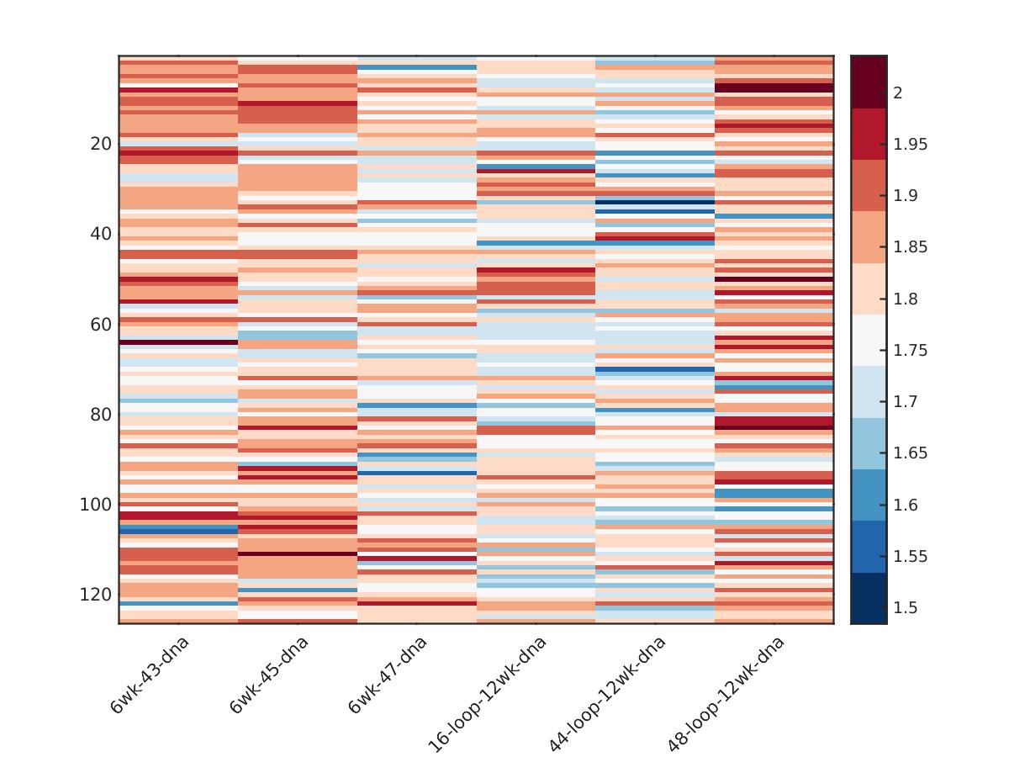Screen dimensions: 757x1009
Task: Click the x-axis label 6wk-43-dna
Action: pyautogui.click(x=151, y=675)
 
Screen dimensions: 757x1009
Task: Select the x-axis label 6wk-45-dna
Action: pyautogui.click(x=269, y=675)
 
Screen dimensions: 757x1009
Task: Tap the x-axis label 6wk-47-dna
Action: pyautogui.click(x=388, y=675)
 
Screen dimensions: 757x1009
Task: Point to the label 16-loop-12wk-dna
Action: pyautogui.click(x=489, y=693)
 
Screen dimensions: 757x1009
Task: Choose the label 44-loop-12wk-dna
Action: pyautogui.click(x=608, y=693)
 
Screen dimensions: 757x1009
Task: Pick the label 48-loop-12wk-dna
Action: pyautogui.click(x=726, y=693)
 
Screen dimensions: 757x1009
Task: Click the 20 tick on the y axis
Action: pyautogui.click(x=101, y=144)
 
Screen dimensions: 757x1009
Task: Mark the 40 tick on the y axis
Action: pyautogui.click(x=101, y=234)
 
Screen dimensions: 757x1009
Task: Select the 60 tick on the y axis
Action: pyautogui.click(x=101, y=325)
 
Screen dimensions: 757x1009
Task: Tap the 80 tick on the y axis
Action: pyautogui.click(x=101, y=415)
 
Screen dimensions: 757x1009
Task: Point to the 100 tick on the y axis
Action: pyautogui.click(x=96, y=505)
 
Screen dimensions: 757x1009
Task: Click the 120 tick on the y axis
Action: pyautogui.click(x=96, y=595)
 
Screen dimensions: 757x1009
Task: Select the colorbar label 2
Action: pyautogui.click(x=898, y=93)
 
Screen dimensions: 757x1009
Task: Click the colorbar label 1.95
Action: pyautogui.click(x=911, y=144)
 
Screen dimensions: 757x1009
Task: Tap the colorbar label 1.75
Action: pyautogui.click(x=911, y=350)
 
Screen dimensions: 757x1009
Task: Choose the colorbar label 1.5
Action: pyautogui.click(x=905, y=607)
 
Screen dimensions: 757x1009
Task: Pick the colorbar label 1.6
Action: pyautogui.click(x=905, y=505)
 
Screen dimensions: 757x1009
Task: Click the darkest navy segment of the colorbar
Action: pyautogui.click(x=869, y=598)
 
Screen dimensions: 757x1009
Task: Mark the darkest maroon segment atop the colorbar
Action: pyautogui.click(x=869, y=82)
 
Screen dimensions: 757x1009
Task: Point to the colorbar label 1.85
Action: pyautogui.click(x=911, y=246)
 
